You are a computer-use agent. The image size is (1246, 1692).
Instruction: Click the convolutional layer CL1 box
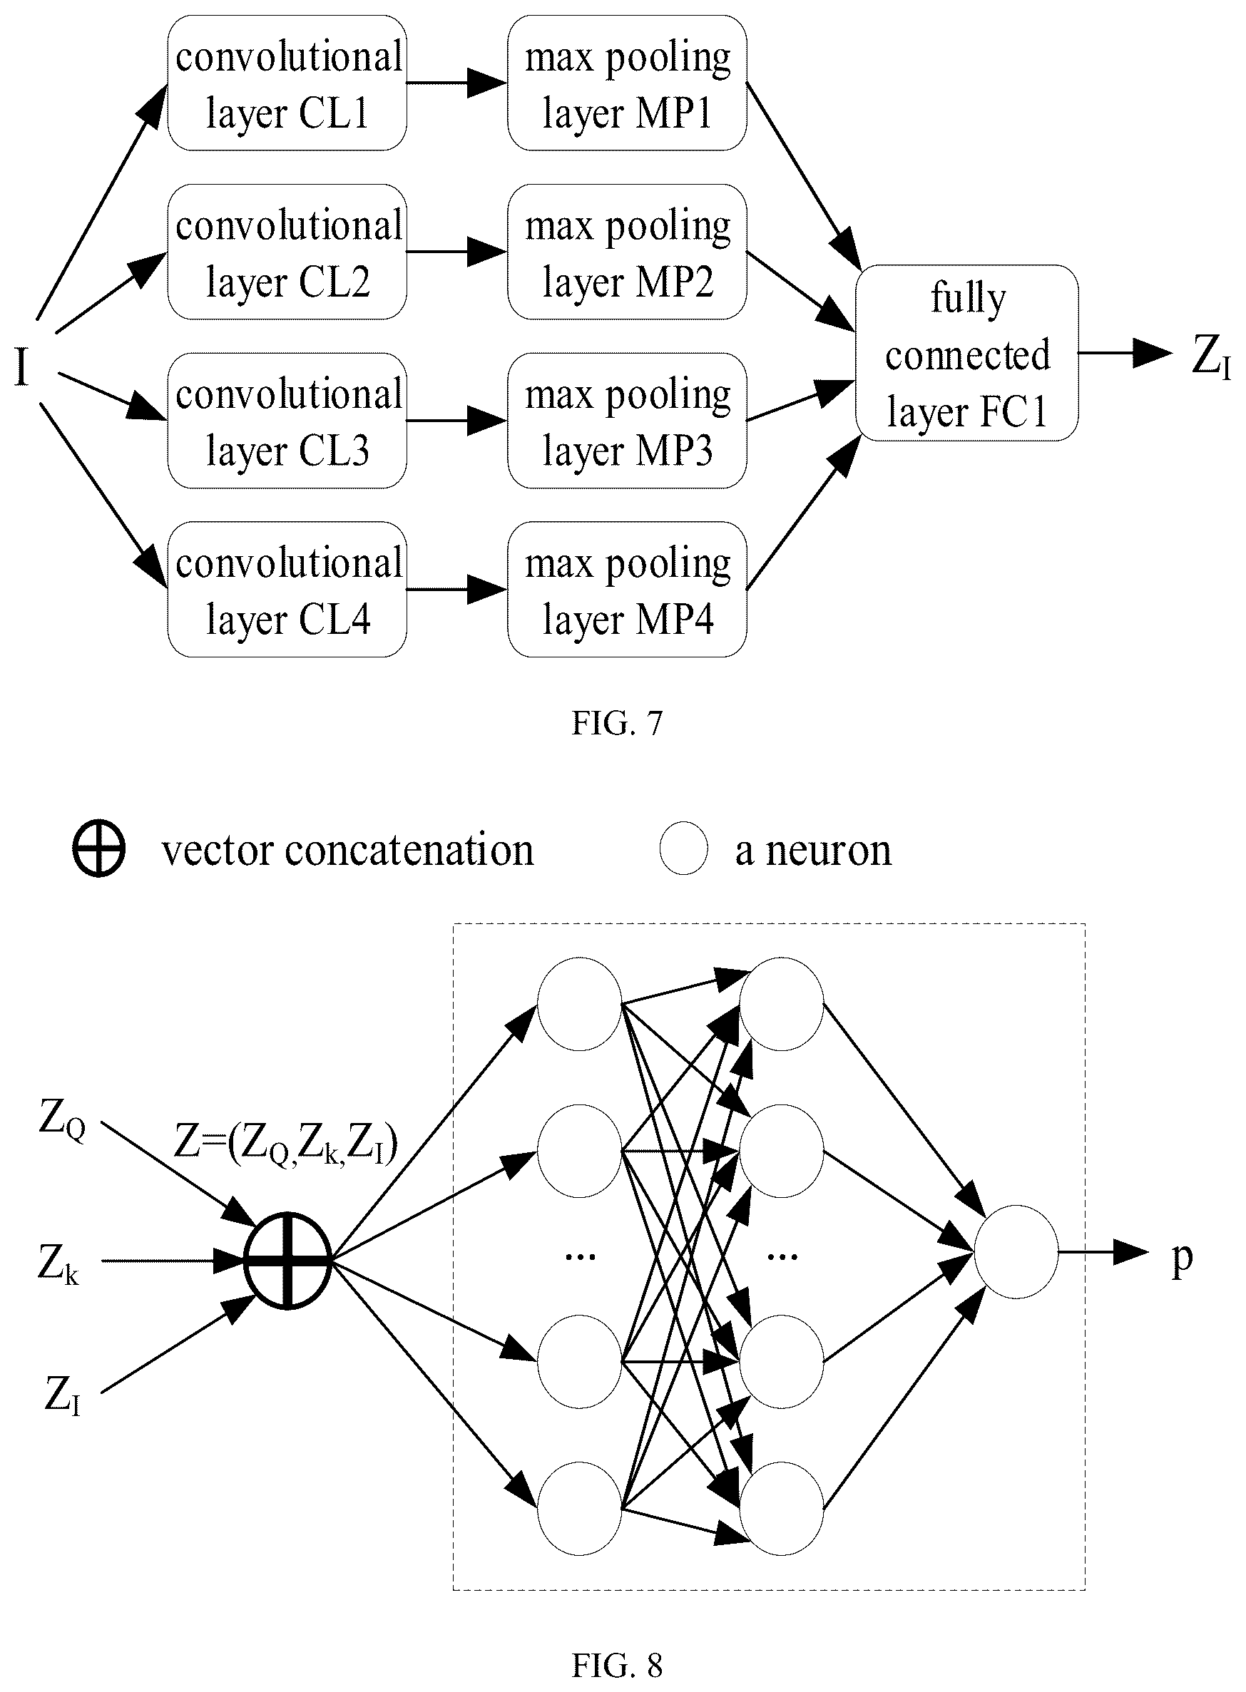[x=287, y=83]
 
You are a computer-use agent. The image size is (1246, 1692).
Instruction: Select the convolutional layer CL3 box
[x=287, y=421]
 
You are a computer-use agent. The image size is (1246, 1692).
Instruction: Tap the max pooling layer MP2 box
[x=628, y=252]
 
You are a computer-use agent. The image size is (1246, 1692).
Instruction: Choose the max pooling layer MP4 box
[x=628, y=590]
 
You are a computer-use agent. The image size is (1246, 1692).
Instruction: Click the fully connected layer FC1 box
[x=967, y=353]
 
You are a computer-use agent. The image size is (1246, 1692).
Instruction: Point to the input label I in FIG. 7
[x=22, y=369]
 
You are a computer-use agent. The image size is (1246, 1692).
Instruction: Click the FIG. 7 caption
[x=617, y=723]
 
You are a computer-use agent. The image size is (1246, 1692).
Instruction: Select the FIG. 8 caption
[x=617, y=1665]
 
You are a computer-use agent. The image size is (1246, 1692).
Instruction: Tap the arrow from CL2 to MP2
[x=457, y=252]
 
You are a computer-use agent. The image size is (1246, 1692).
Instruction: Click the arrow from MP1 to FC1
[x=804, y=176]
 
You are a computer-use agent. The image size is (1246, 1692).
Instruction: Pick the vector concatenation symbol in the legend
[x=99, y=850]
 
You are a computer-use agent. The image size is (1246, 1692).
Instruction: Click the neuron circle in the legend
[x=683, y=850]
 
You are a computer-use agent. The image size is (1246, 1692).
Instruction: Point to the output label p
[x=1182, y=1258]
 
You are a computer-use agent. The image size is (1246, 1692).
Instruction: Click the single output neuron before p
[x=1016, y=1251]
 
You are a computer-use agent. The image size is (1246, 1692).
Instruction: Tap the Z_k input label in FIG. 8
[x=58, y=1263]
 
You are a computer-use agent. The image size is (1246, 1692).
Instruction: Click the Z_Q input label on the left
[x=62, y=1121]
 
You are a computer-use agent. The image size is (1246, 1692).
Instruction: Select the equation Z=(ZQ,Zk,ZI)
[x=286, y=1144]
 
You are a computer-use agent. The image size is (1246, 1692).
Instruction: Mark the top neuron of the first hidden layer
[x=579, y=1004]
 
